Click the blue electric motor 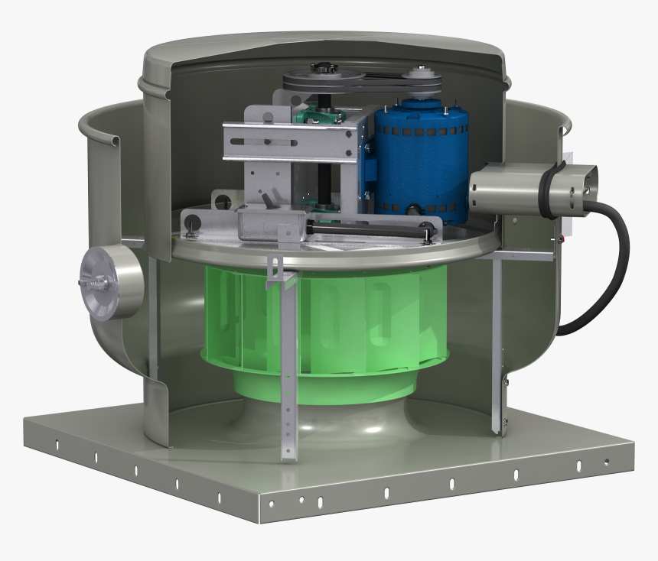pos(419,157)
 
